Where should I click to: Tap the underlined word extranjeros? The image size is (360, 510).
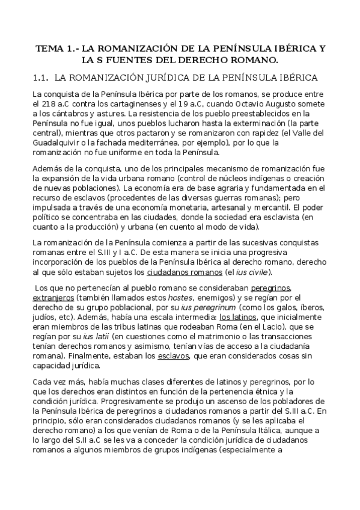click(54, 297)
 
